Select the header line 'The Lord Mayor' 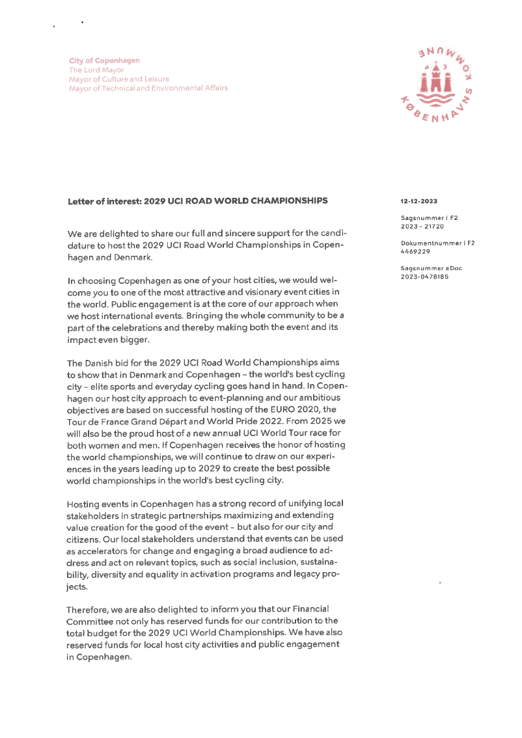point(96,70)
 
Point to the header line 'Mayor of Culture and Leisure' point(119,79)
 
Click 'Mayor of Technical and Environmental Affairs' point(148,88)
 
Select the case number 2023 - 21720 point(422,226)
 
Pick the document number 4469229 point(415,251)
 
